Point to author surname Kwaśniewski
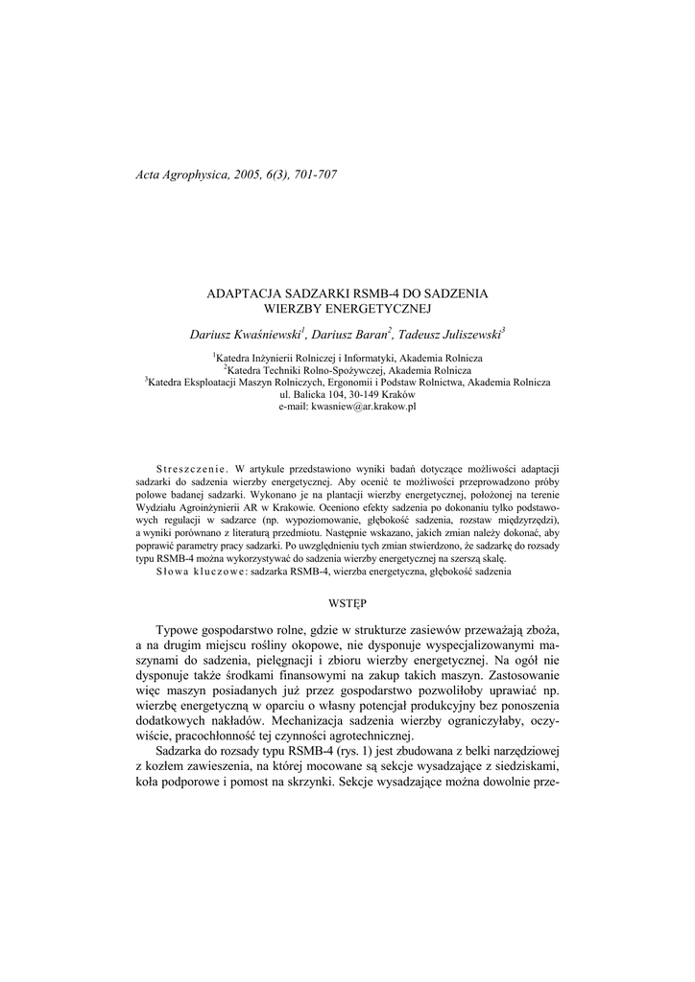tap(265, 334)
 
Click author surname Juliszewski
tap(465, 334)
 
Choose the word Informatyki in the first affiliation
tap(375, 357)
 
